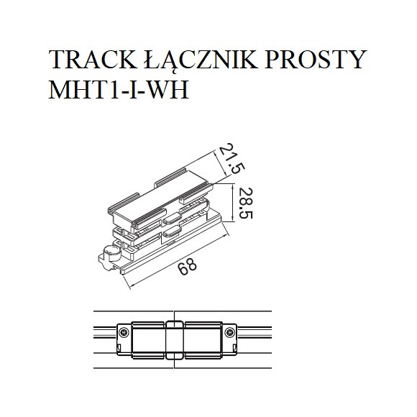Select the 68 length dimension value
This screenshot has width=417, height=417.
(x=186, y=270)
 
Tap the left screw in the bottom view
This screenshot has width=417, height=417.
(x=124, y=331)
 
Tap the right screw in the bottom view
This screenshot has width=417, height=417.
(x=230, y=331)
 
